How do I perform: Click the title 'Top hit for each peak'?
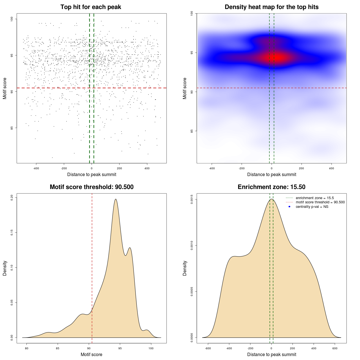91,7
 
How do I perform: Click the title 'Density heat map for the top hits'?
271,7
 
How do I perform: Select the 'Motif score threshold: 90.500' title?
91,187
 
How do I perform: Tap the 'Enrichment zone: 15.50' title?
271,187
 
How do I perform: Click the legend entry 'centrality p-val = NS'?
312,207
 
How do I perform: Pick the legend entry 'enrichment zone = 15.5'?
315,198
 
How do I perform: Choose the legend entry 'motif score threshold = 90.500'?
320,202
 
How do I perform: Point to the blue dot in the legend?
289,207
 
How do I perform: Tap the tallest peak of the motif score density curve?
116,199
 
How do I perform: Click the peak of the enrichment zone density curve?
271,199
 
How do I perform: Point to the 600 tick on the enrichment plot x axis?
335,348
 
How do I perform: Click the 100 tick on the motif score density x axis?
151,348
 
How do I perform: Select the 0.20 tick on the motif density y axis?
12,197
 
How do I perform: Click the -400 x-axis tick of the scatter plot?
36,168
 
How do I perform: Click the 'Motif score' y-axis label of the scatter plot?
5,88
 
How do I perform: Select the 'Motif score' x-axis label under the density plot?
91,354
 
